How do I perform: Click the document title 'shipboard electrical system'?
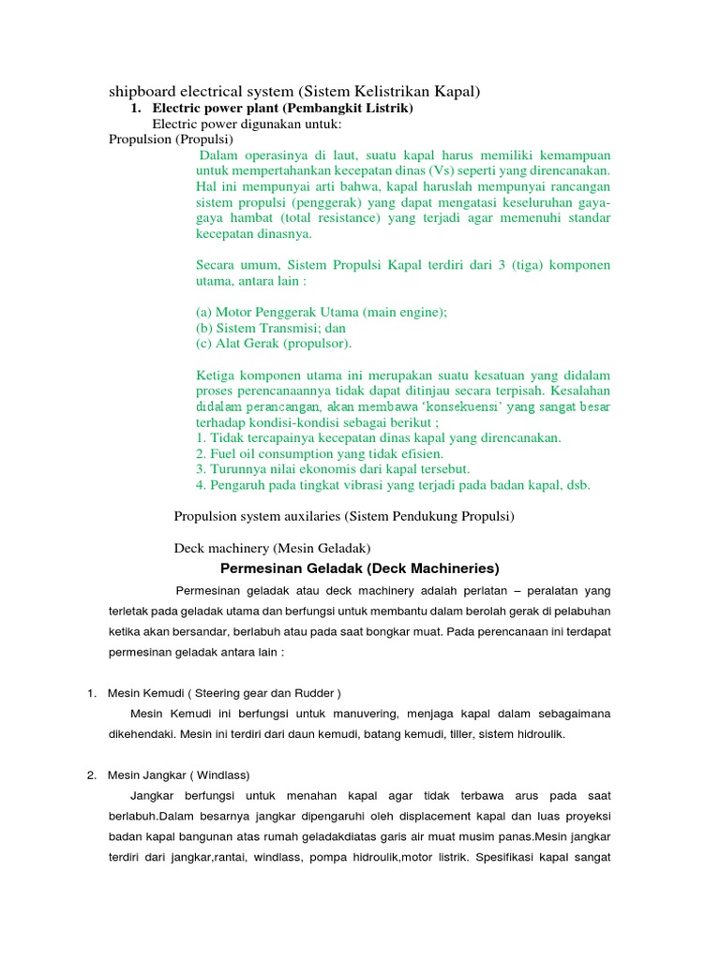tap(294, 92)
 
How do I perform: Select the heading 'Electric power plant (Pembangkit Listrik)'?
tap(282, 109)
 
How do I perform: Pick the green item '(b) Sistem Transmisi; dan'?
tap(271, 328)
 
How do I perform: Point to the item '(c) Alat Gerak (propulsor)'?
tap(274, 343)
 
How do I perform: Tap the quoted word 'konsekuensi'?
tap(457, 406)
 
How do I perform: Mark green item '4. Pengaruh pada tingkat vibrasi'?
tap(393, 484)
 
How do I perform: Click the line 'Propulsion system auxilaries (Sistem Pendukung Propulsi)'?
tap(344, 516)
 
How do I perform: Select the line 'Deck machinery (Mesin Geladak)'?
tap(273, 547)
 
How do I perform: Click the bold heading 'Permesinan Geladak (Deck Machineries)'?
tap(360, 568)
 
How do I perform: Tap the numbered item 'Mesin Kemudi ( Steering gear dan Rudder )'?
tap(224, 693)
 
